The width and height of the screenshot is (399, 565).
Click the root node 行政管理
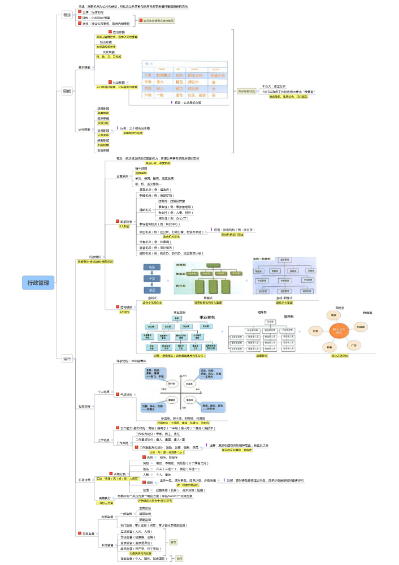[x=39, y=282]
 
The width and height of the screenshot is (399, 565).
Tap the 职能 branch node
[x=67, y=90]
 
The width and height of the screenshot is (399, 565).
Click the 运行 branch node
[x=67, y=358]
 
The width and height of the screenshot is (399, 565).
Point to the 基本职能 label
[x=84, y=67]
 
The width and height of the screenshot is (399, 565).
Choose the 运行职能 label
[x=84, y=130]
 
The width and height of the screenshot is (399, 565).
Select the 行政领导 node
[x=84, y=406]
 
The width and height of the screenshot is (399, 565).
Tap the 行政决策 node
[x=84, y=479]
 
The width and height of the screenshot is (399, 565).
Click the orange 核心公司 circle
[x=339, y=331]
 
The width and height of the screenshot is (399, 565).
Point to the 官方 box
[x=173, y=542]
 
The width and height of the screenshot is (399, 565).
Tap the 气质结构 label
[x=125, y=394]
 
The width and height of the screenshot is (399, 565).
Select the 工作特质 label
[x=105, y=439]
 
